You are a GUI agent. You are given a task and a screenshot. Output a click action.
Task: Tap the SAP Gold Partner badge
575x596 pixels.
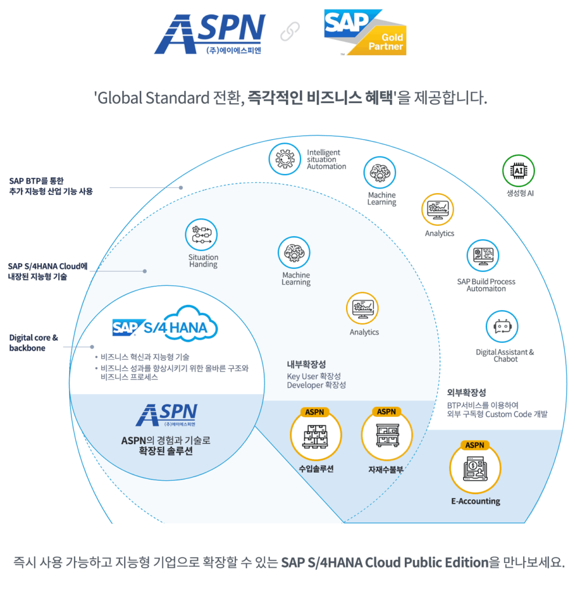click(x=365, y=33)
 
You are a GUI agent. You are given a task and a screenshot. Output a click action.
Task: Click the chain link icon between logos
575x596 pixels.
click(x=290, y=32)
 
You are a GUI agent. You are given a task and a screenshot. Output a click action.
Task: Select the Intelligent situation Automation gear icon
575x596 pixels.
click(x=284, y=159)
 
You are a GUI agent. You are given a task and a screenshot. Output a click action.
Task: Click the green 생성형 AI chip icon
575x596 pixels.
click(x=518, y=171)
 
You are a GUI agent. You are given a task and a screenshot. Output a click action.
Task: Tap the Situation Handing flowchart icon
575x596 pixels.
click(x=201, y=235)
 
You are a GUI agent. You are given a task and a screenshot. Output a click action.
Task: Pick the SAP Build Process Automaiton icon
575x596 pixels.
click(x=482, y=256)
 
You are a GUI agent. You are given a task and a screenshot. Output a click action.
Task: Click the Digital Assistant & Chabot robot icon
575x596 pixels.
click(x=502, y=327)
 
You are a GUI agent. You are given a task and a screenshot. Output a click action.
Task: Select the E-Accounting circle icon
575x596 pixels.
click(x=475, y=469)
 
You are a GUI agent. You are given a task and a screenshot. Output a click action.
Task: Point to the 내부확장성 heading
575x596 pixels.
click(x=306, y=365)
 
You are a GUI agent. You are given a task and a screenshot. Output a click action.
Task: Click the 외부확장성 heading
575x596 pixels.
click(x=466, y=392)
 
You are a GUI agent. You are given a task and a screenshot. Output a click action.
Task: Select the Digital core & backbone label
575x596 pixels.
click(x=34, y=343)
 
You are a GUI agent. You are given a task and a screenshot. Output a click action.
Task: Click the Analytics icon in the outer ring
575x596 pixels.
click(x=438, y=210)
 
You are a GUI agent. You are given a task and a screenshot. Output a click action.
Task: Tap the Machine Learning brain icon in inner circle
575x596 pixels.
click(x=295, y=253)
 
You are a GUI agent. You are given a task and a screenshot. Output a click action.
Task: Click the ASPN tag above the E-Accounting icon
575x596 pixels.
click(x=475, y=445)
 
